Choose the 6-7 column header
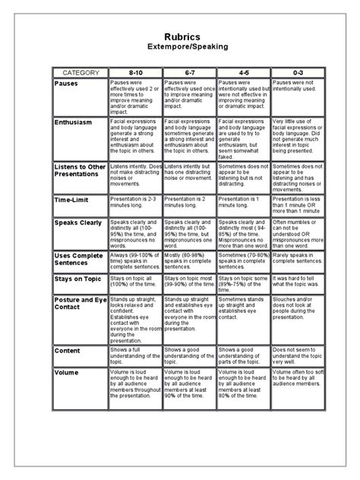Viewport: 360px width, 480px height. pos(189,72)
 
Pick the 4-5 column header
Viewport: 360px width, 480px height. pos(243,72)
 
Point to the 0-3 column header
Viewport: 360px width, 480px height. pos(297,72)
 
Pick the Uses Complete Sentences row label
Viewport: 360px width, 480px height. pos(79,261)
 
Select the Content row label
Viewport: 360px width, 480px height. pos(68,351)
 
